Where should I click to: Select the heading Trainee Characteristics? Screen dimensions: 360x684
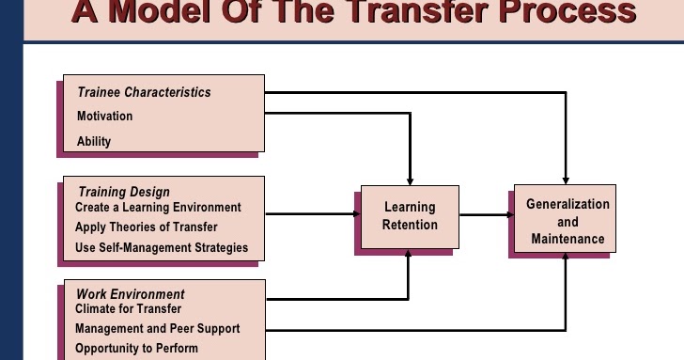tap(144, 92)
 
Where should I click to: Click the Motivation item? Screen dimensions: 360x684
tap(104, 117)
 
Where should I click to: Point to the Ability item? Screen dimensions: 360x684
tap(94, 141)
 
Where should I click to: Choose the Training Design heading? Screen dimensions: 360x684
tap(124, 193)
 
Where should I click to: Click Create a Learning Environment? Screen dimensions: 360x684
tap(158, 207)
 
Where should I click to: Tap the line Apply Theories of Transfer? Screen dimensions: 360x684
tap(146, 227)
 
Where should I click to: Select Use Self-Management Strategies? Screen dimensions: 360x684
tap(162, 248)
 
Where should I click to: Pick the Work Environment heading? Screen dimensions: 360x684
tap(131, 294)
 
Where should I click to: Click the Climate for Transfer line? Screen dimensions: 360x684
tap(129, 308)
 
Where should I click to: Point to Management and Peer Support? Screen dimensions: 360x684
tap(158, 329)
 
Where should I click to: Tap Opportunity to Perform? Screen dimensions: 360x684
tap(137, 349)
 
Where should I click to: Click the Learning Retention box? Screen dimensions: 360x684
tap(410, 216)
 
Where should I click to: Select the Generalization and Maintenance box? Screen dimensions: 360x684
tap(567, 221)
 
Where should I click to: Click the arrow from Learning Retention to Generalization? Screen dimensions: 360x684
tap(485, 215)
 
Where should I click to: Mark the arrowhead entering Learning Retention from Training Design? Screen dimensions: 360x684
tap(357, 214)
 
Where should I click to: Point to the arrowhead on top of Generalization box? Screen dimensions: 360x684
tap(566, 179)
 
